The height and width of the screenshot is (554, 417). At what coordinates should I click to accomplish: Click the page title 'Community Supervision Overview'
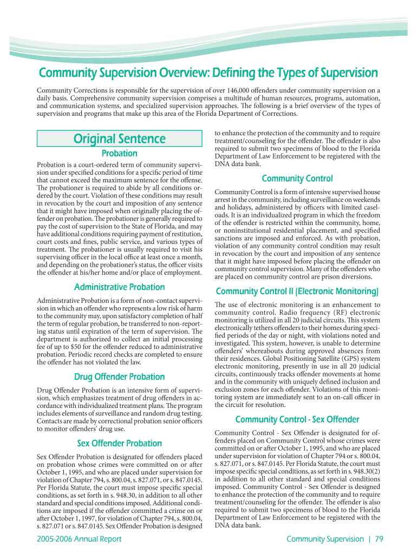pyautogui.click(x=207, y=72)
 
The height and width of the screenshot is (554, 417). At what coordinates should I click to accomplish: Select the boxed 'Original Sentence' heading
pyautogui.click(x=119, y=138)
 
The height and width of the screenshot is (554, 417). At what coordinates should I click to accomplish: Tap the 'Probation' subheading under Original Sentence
pyautogui.click(x=119, y=153)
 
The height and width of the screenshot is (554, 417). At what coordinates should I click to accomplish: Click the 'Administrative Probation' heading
pyautogui.click(x=119, y=287)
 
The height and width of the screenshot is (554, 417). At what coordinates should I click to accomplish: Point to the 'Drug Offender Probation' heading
pyautogui.click(x=119, y=377)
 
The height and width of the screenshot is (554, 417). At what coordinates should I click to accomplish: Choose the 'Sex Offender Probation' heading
pyautogui.click(x=119, y=444)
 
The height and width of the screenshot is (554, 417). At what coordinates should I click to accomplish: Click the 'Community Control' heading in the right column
pyautogui.click(x=297, y=179)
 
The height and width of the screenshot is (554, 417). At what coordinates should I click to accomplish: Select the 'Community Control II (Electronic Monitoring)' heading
pyautogui.click(x=297, y=292)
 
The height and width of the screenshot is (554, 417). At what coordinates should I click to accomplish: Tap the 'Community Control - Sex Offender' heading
pyautogui.click(x=297, y=419)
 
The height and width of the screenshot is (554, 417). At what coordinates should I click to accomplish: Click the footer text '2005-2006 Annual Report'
pyautogui.click(x=79, y=539)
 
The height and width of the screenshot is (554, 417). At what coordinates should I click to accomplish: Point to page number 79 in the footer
pyautogui.click(x=379, y=539)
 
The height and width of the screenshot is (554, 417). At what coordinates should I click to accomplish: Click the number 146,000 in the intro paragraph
pyautogui.click(x=232, y=90)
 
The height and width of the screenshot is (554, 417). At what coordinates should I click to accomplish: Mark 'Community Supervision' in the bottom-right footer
pyautogui.click(x=325, y=539)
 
